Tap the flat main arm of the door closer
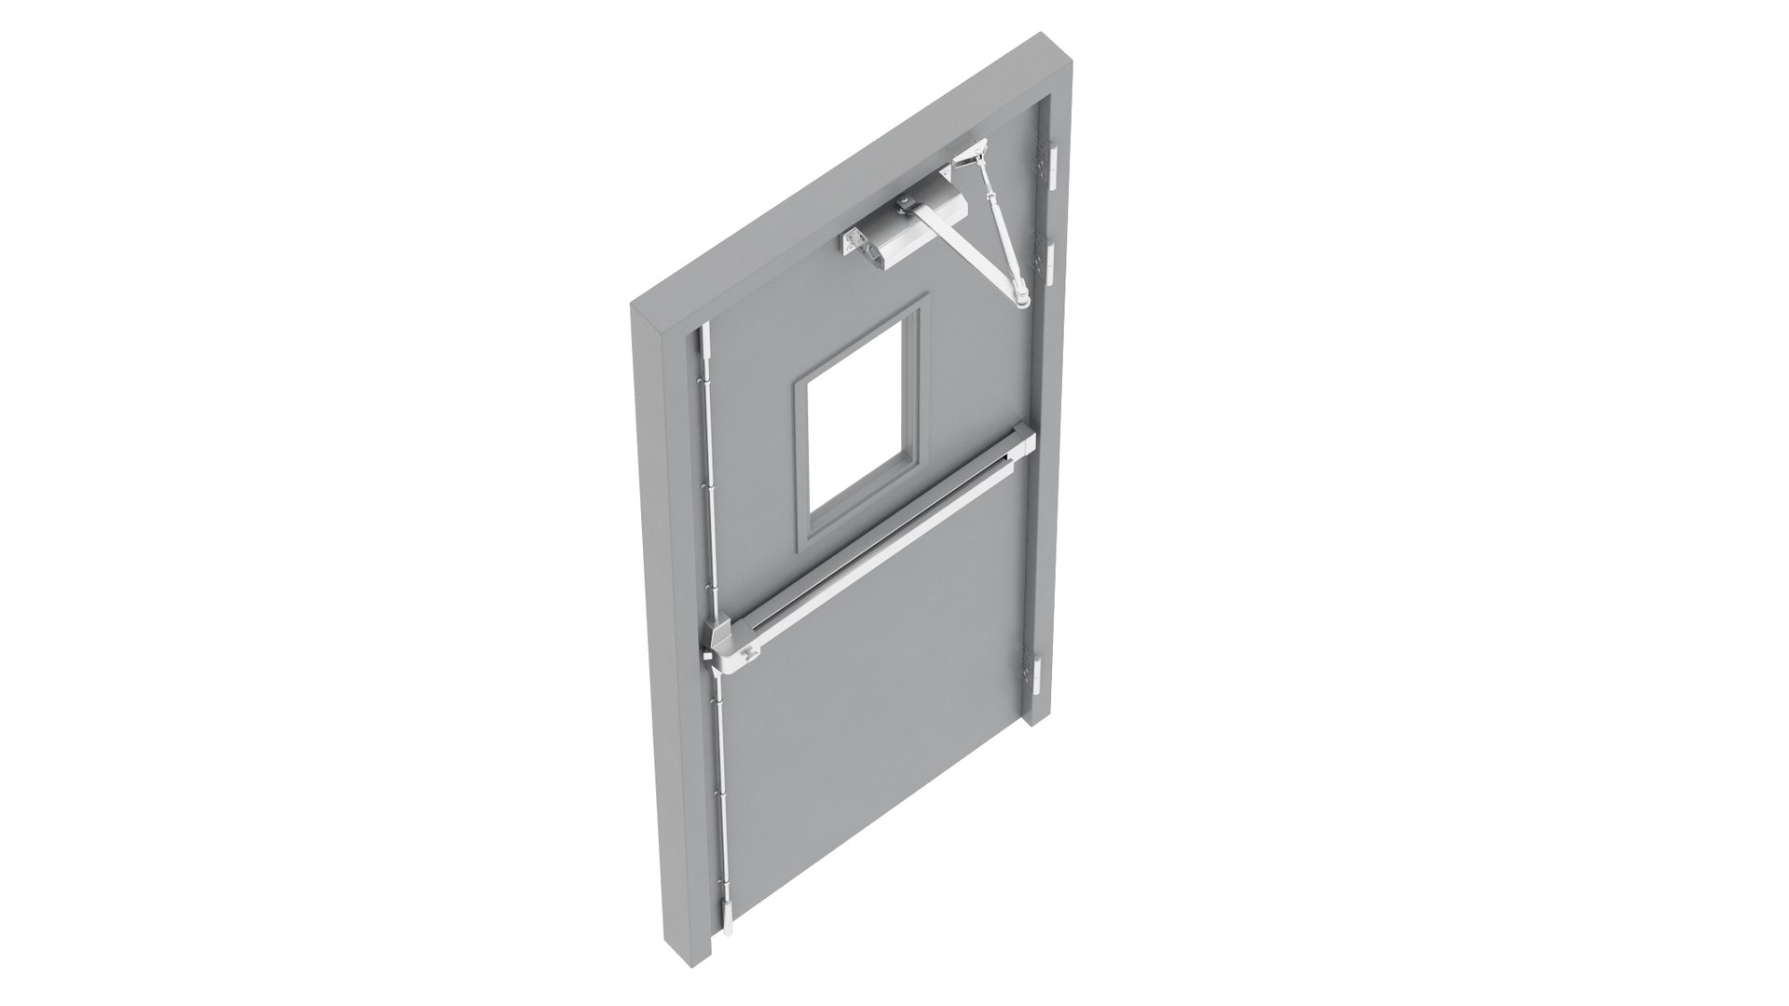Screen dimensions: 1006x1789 (969, 251)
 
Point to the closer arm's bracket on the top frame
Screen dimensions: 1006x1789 (973, 149)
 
